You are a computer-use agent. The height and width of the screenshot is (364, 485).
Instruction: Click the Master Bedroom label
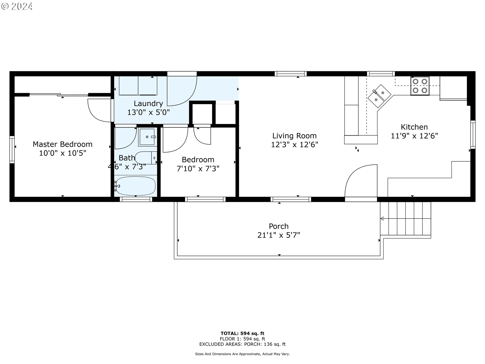[x=62, y=144]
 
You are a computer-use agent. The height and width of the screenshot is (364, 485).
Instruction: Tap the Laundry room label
[x=148, y=103]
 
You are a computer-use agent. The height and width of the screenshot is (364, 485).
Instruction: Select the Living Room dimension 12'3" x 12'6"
[x=295, y=145]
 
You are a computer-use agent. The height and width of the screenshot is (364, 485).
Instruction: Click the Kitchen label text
[x=414, y=127]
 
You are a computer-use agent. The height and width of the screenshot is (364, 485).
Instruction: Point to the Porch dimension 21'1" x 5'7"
[x=279, y=235]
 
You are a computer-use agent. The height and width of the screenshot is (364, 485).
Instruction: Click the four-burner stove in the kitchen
[x=420, y=86]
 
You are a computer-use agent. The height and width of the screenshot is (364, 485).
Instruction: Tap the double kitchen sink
[x=379, y=96]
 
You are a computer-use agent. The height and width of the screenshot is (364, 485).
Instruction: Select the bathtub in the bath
[x=135, y=186]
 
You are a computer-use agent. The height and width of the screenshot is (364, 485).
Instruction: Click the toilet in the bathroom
[x=146, y=158]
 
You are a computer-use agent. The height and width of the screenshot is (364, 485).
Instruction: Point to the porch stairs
[x=405, y=219]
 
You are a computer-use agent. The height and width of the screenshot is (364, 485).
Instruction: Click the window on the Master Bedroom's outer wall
[x=12, y=149]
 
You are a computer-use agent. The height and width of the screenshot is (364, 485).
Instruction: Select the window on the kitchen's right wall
[x=473, y=134]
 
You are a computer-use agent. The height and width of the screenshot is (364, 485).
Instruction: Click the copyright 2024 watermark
[x=17, y=6]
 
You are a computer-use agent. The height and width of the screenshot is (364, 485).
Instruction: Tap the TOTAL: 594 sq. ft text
[x=243, y=333]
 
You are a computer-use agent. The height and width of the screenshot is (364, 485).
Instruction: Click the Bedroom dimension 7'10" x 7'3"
[x=198, y=169]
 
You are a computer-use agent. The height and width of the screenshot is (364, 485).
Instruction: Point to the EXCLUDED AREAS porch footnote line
[x=243, y=344]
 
